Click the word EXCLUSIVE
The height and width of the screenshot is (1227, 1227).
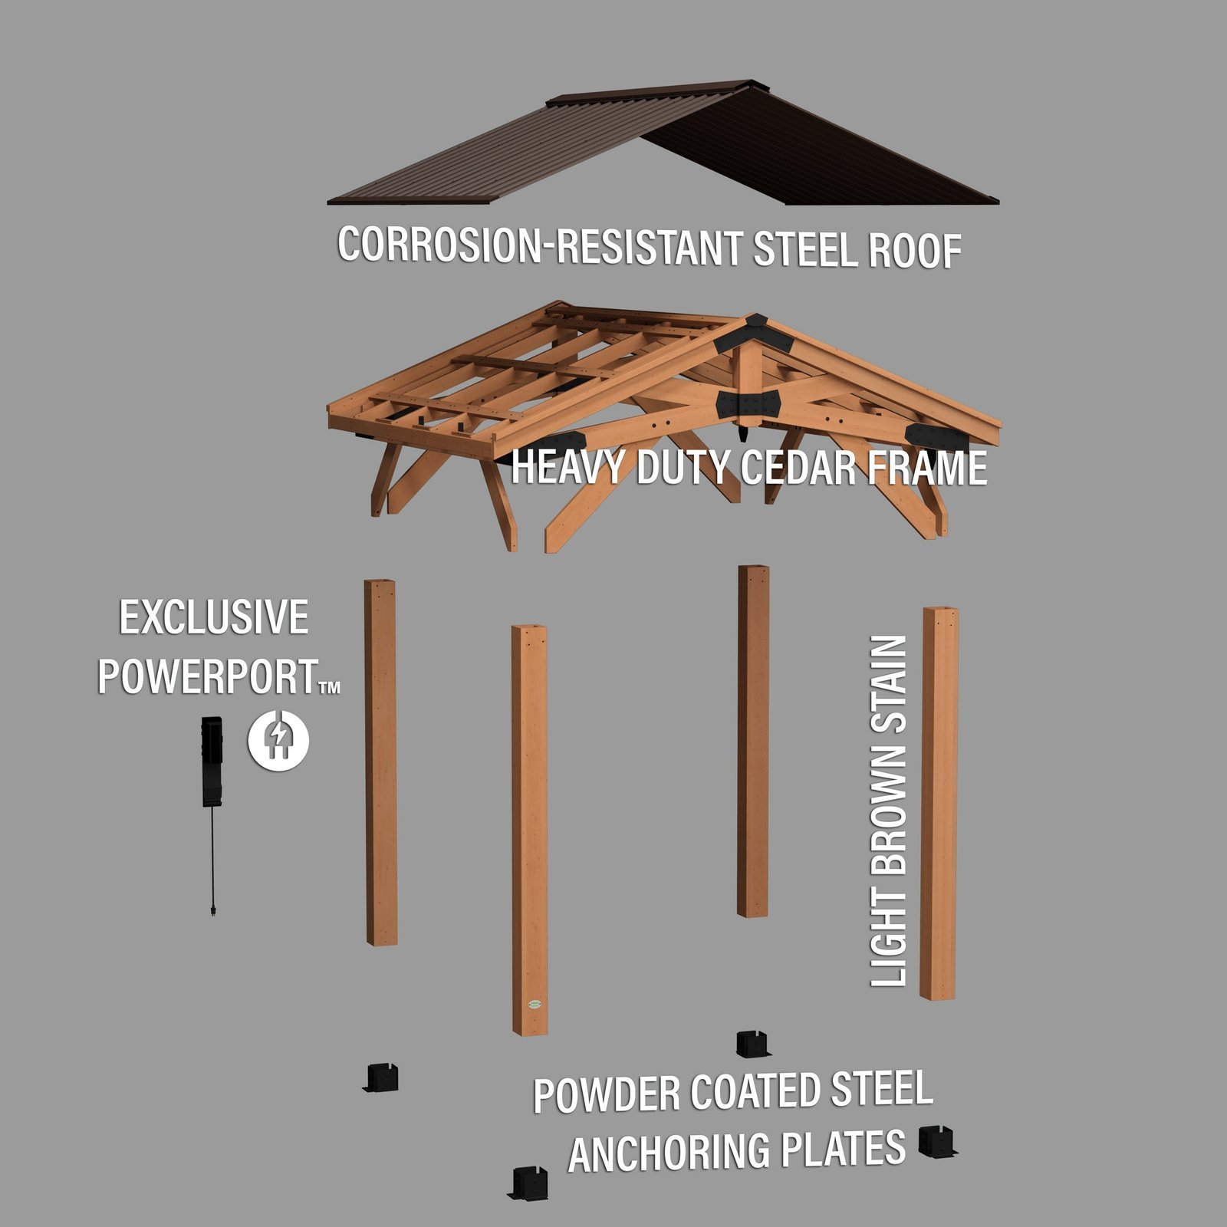(214, 618)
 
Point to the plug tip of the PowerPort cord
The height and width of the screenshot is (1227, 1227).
(212, 912)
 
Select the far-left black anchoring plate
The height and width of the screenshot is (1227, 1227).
(381, 1078)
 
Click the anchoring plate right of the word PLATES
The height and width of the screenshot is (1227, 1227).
(938, 1142)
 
